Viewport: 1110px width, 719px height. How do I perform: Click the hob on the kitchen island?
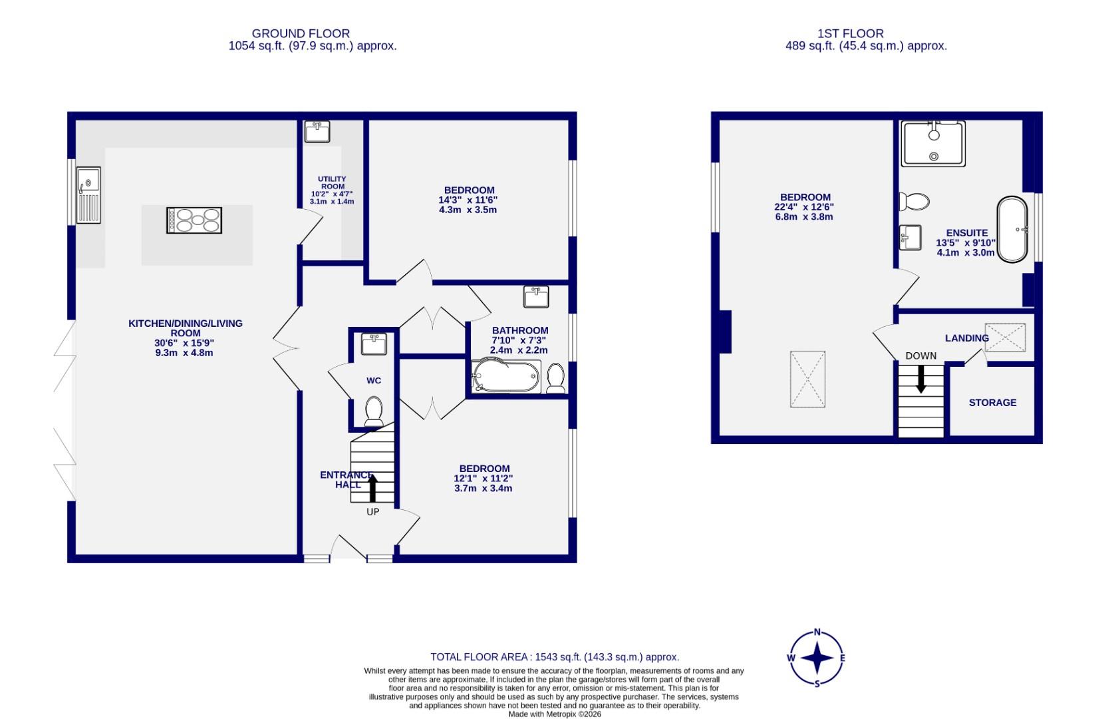194,220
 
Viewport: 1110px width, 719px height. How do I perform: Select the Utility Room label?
332,183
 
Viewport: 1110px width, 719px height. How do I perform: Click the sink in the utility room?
317,131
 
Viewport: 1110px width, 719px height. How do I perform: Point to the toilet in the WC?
374,411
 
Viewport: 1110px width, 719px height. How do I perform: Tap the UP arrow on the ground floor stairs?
372,487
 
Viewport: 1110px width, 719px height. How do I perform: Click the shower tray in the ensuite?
932,144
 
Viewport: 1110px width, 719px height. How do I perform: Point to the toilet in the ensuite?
914,201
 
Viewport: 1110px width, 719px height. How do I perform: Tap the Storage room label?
992,403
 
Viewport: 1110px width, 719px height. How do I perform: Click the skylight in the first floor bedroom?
808,379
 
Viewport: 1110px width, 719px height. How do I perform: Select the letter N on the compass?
817,632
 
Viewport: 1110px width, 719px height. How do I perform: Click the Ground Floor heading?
301,33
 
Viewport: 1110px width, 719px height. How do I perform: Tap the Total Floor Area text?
555,657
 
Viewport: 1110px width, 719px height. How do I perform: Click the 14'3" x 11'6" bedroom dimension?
468,200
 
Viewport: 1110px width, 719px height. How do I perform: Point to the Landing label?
966,338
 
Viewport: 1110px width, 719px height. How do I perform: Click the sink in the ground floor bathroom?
536,296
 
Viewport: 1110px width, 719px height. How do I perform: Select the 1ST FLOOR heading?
851,33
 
